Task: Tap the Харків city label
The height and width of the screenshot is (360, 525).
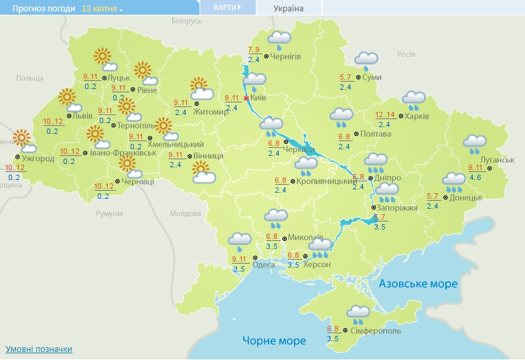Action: pos(417,116)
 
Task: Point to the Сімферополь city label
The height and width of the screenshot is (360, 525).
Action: pos(376,331)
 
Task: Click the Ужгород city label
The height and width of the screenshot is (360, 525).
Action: pos(38,159)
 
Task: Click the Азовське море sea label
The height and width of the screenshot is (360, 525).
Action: pos(419,284)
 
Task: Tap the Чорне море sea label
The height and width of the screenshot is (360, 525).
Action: pos(275,341)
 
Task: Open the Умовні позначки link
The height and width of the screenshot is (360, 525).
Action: pos(39,349)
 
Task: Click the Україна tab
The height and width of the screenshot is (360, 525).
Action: pos(289,9)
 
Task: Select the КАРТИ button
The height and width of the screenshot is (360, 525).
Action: pos(228,7)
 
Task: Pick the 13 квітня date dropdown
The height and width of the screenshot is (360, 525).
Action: pos(102,9)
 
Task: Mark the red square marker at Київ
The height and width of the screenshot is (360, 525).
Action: pos(246,98)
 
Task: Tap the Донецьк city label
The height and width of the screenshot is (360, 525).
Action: pos(466,197)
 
